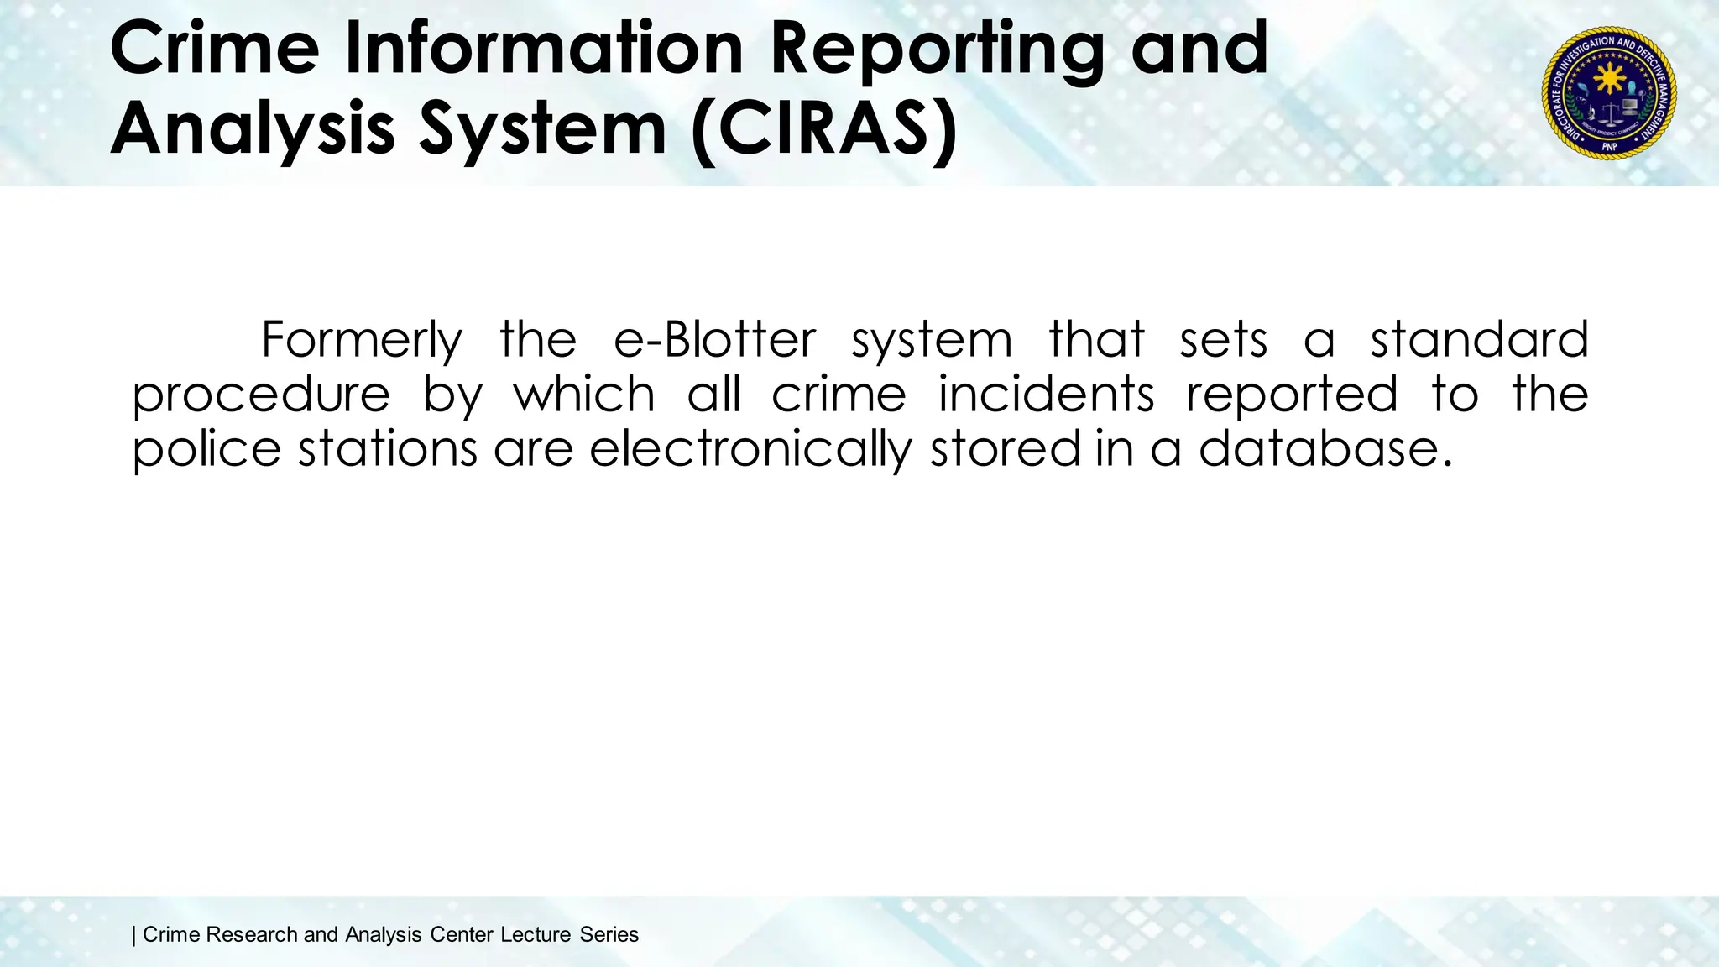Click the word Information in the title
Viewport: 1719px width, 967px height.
coord(544,49)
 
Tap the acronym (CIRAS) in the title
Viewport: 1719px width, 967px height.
coord(824,129)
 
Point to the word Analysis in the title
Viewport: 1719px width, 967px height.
coord(252,129)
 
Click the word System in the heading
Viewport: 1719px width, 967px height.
coord(542,129)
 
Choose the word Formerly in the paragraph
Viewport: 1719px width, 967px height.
coord(362,340)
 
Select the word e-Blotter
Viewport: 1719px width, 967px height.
coord(714,340)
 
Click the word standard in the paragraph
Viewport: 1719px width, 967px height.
coord(1479,340)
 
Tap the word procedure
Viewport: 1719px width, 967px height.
coord(261,395)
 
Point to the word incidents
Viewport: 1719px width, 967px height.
coord(1046,395)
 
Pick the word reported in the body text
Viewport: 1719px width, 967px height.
coord(1292,395)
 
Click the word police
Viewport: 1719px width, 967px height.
coord(206,448)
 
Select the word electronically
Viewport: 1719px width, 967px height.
coord(750,450)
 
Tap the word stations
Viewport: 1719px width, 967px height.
coord(389,448)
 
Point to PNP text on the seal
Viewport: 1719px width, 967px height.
coord(1609,146)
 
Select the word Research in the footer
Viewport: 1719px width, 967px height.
coord(251,934)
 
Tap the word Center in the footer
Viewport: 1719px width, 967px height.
coord(461,934)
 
